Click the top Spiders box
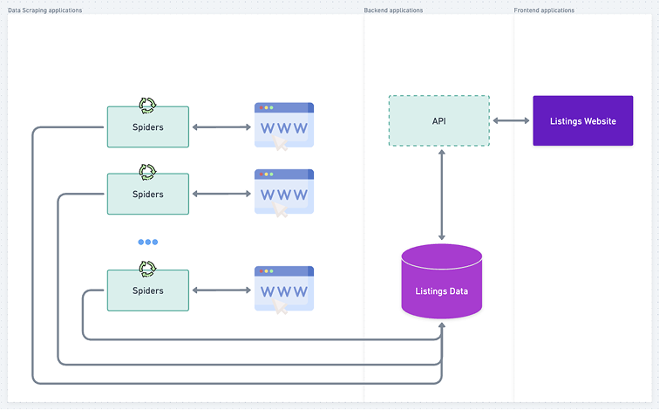(147, 127)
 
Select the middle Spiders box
(147, 194)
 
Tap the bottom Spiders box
(147, 290)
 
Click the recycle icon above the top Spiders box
(147, 106)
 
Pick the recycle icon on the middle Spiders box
(147, 172)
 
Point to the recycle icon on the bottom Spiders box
(147, 269)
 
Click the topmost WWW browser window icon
(283, 126)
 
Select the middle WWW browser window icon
(283, 192)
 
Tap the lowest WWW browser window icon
(283, 289)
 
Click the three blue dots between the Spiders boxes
(147, 242)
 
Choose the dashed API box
(438, 120)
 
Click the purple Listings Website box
(582, 120)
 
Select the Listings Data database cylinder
(441, 282)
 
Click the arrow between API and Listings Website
(511, 120)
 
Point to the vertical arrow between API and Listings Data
(442, 195)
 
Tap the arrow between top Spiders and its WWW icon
(221, 127)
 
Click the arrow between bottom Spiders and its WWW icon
(221, 290)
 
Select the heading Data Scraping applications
(45, 10)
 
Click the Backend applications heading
(393, 10)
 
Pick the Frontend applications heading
(545, 10)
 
